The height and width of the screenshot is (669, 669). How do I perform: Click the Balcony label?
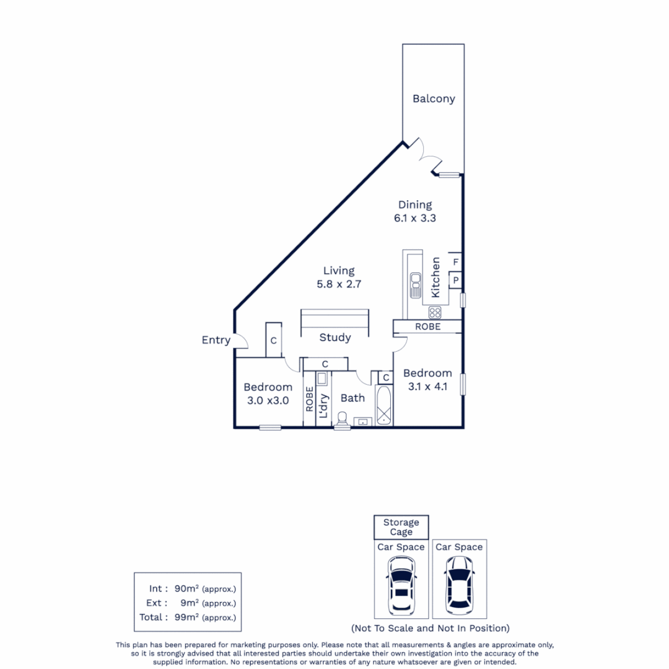point(434,98)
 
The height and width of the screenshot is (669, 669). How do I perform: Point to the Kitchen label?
point(435,277)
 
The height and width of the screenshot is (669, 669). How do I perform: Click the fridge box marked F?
point(455,262)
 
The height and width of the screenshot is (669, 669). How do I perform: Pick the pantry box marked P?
point(455,281)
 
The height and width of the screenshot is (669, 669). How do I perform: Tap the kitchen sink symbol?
point(415,285)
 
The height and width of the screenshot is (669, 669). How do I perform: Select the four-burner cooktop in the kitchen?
point(435,312)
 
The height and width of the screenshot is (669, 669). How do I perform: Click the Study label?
point(335,338)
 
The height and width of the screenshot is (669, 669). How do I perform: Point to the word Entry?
point(216,340)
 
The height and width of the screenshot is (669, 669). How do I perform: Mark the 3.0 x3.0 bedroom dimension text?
point(268,400)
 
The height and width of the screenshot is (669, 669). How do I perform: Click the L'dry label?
point(323,407)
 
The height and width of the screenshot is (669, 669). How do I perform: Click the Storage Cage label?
point(401,527)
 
